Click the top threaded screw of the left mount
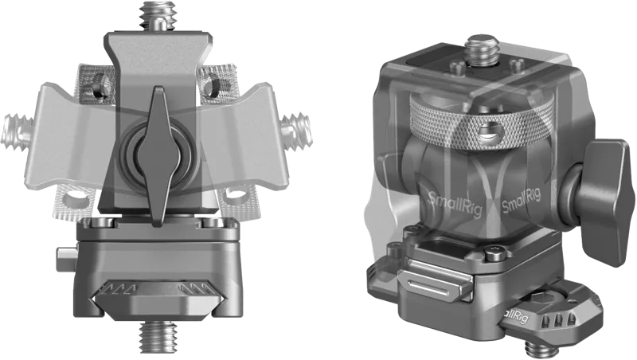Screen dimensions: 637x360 coord(158,16)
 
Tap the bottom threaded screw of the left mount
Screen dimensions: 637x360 coord(158,336)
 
